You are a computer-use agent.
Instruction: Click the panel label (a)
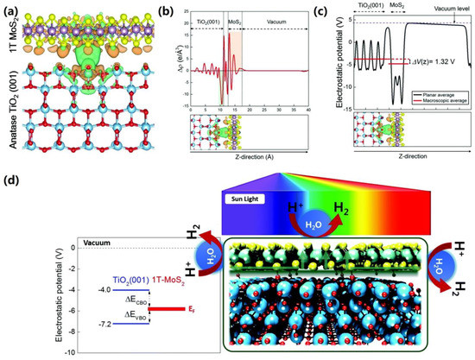(x=12, y=8)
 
